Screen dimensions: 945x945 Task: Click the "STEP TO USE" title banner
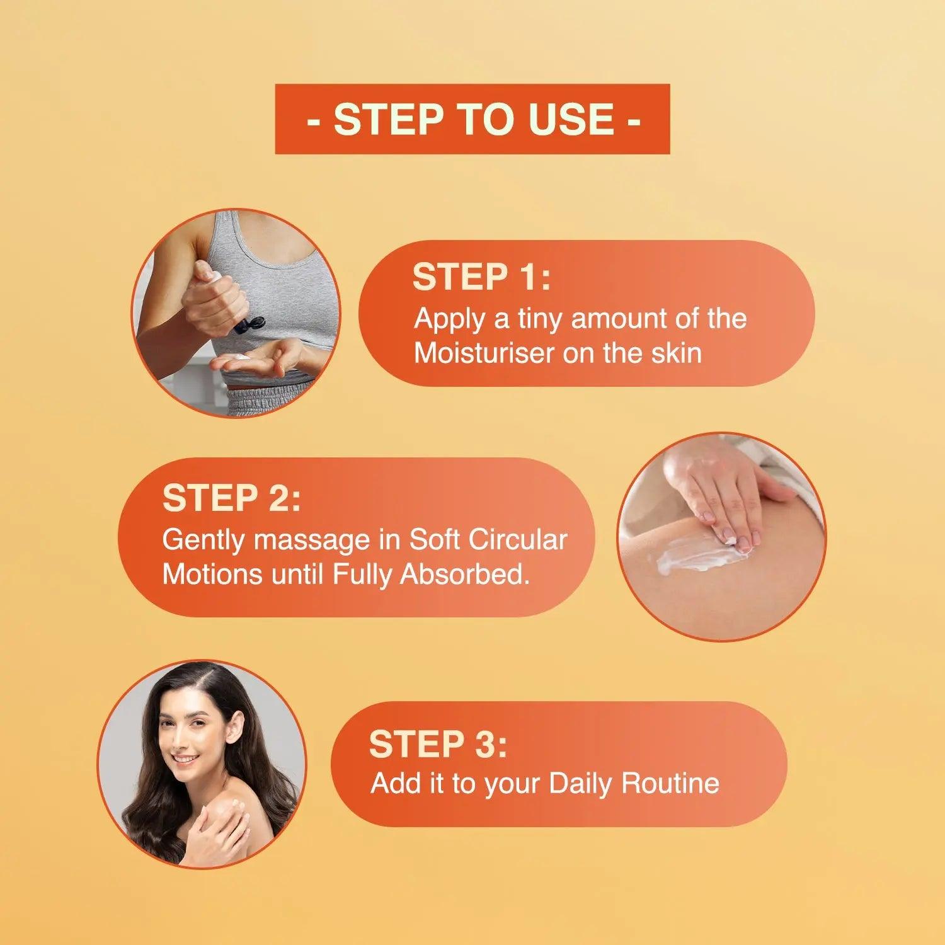pos(472,119)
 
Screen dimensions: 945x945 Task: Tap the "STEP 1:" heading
pos(481,277)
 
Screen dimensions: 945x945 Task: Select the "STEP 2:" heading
pos(232,498)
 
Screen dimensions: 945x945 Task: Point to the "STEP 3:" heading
pos(438,744)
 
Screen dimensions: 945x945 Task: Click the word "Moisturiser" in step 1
pos(485,353)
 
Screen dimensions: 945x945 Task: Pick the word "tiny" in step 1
pos(539,319)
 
